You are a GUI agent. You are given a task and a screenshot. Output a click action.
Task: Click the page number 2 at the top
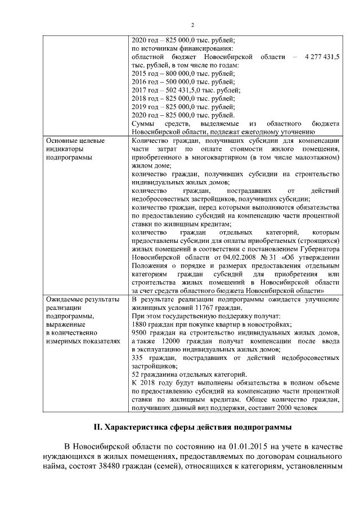192,25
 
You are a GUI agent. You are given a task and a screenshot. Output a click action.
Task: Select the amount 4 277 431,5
321,57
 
